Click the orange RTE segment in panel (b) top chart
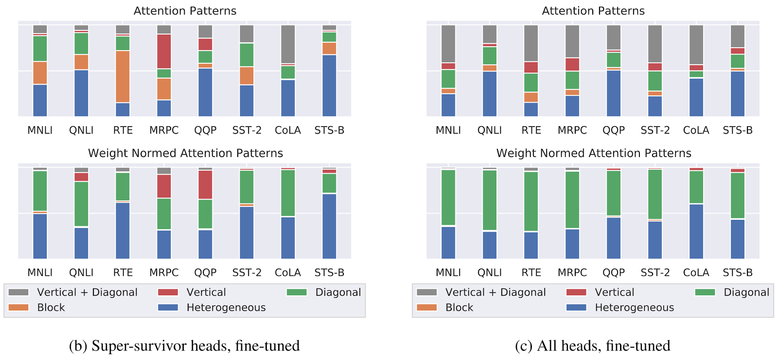(x=123, y=76)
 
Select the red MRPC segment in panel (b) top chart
(x=164, y=51)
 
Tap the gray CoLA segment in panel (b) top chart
(x=288, y=44)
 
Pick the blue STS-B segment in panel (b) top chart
(x=329, y=85)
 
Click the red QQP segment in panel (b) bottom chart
(x=205, y=184)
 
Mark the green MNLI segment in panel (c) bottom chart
(x=448, y=198)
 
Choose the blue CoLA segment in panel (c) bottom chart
(x=696, y=231)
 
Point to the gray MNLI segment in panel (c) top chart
(x=448, y=44)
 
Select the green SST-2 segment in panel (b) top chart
(x=247, y=54)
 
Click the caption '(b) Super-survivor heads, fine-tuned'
(x=184, y=346)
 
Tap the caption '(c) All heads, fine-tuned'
(x=592, y=346)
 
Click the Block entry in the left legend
(x=51, y=307)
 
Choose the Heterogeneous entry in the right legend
(x=634, y=307)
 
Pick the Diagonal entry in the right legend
(x=746, y=292)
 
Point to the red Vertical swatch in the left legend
(x=168, y=292)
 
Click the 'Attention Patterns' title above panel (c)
(x=593, y=11)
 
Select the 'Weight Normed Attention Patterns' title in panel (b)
(x=185, y=153)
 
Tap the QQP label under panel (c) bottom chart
(x=614, y=272)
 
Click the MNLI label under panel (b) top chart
(x=40, y=130)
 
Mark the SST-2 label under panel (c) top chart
(x=655, y=130)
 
